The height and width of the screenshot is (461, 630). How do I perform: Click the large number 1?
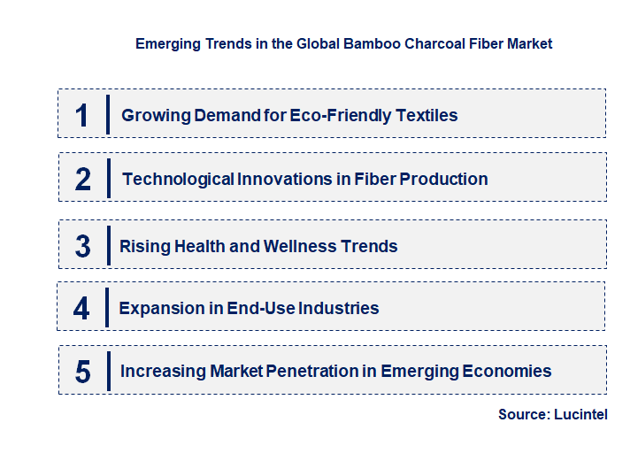pyautogui.click(x=81, y=115)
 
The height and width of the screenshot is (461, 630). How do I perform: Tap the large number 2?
pyautogui.click(x=82, y=179)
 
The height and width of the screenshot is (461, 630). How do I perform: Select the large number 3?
pyautogui.click(x=82, y=246)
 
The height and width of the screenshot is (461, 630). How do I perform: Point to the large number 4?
pyautogui.click(x=81, y=308)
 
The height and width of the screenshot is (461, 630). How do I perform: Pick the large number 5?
pyautogui.click(x=82, y=372)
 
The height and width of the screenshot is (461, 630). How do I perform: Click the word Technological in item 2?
pyautogui.click(x=178, y=179)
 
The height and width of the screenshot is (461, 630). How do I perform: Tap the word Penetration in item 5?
pyautogui.click(x=313, y=372)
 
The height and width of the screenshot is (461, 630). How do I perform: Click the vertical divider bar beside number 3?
pyautogui.click(x=107, y=244)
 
